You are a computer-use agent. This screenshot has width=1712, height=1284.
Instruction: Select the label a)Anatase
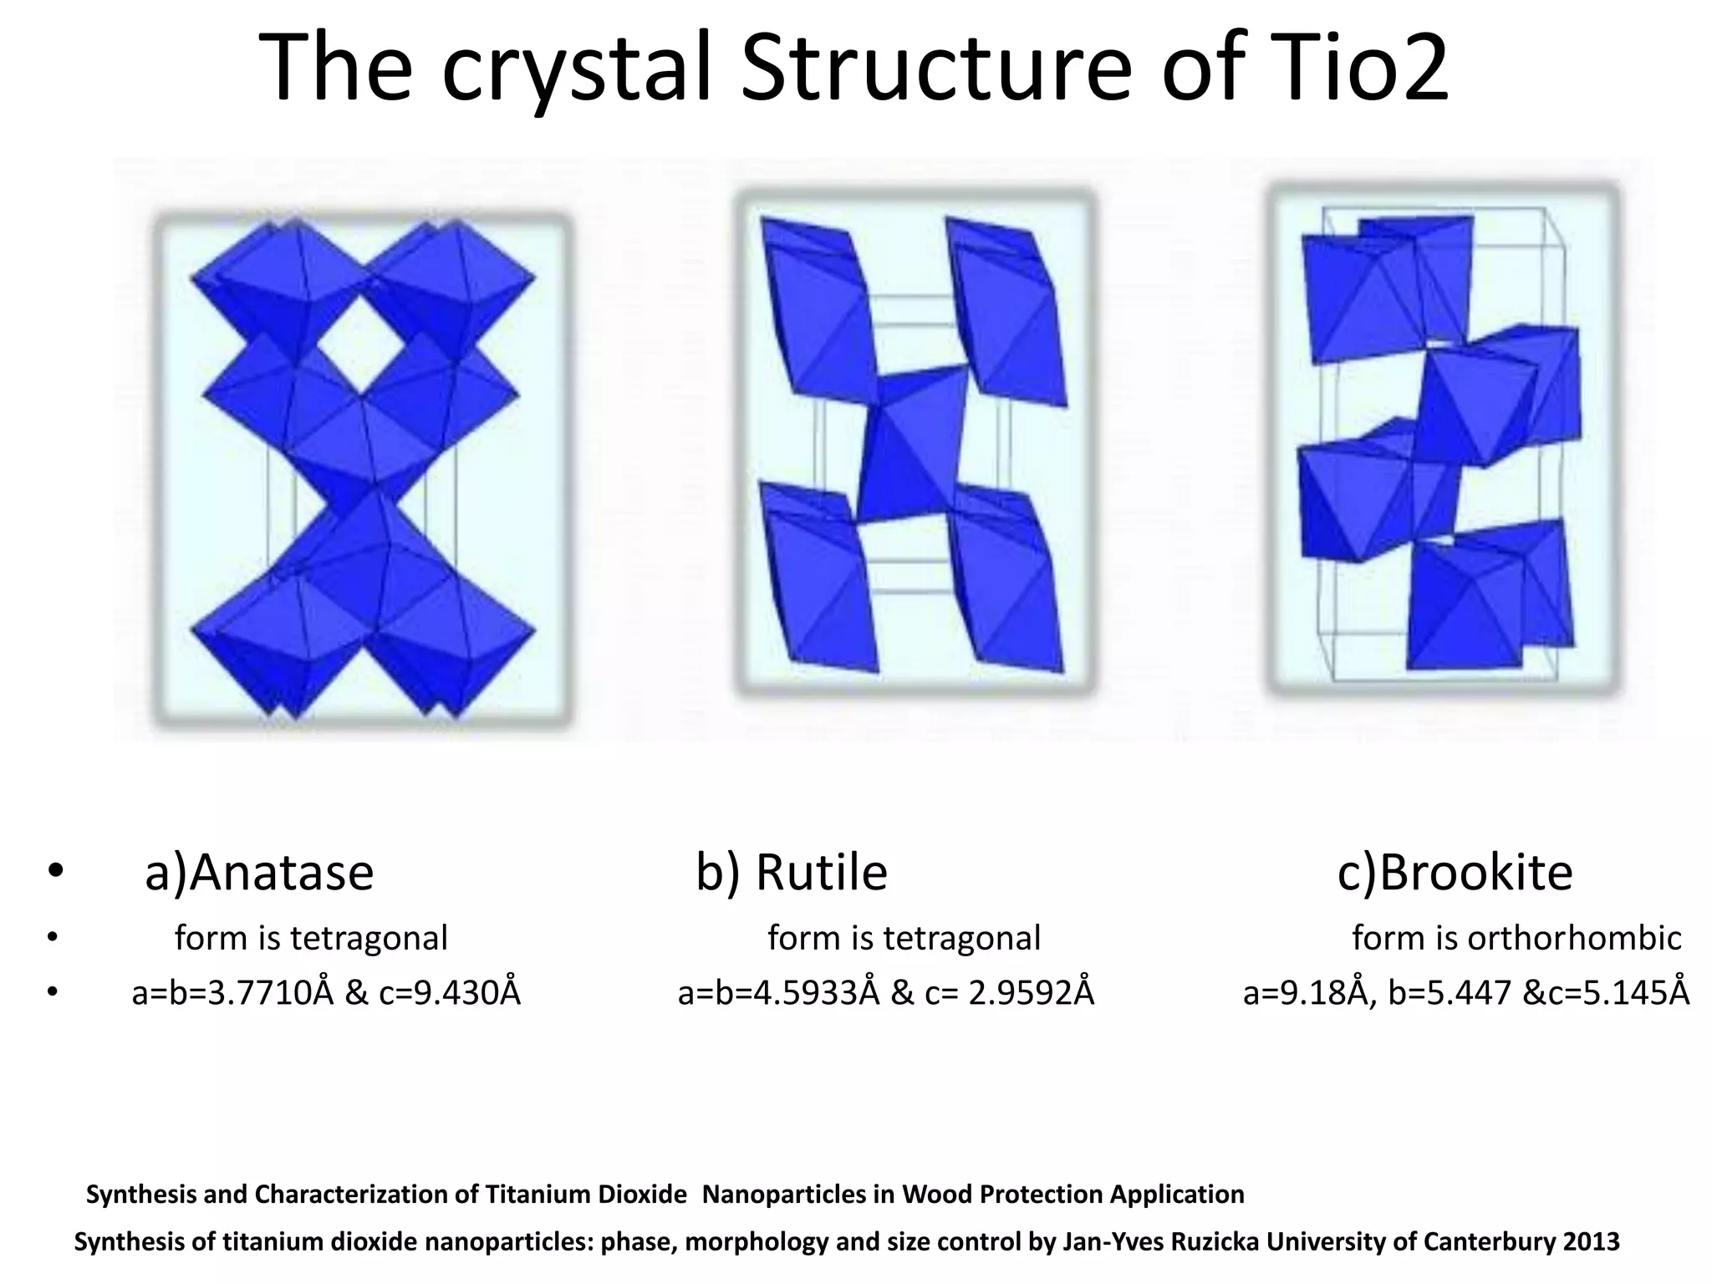click(258, 873)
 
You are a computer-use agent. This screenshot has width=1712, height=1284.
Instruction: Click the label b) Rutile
click(791, 873)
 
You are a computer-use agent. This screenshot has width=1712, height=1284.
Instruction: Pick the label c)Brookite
click(1455, 873)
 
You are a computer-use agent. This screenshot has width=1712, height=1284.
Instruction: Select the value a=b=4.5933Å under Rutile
click(779, 993)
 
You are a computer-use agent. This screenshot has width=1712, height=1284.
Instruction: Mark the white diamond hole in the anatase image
click(361, 347)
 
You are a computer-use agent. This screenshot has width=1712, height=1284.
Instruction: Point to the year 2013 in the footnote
click(1592, 1241)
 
